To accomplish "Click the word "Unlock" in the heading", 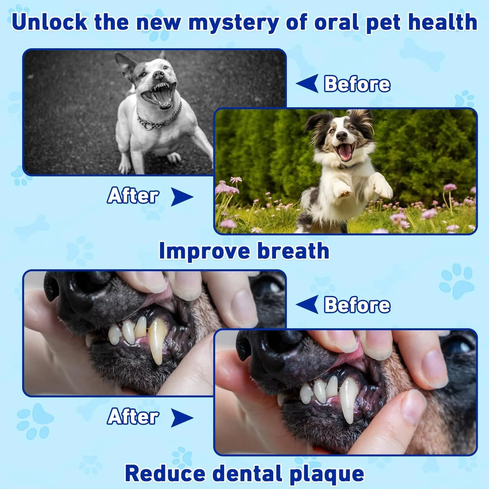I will (x=50, y=22).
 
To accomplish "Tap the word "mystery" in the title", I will (x=233, y=23).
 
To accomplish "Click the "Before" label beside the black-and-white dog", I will (x=357, y=84).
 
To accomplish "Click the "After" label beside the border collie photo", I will (x=133, y=196).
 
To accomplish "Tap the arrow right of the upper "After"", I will (x=182, y=197).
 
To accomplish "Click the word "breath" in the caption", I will (x=293, y=251).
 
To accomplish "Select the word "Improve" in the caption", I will (x=204, y=251).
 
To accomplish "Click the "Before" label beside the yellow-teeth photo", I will (x=357, y=305).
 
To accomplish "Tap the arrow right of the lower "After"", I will (x=182, y=417).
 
